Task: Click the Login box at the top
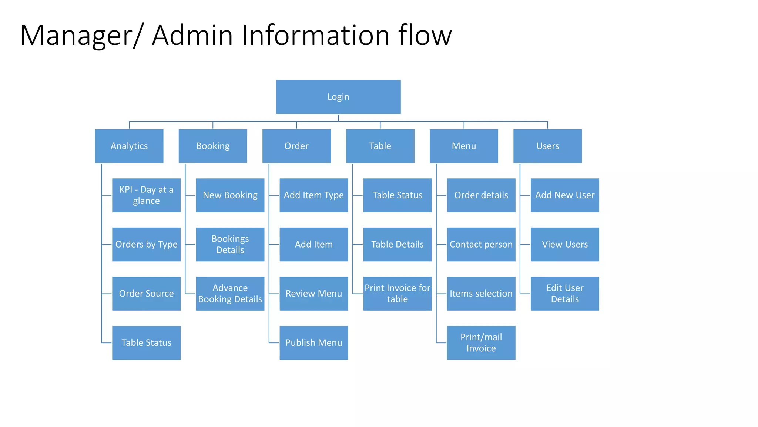(x=338, y=97)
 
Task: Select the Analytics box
(x=129, y=146)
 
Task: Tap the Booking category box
(x=212, y=146)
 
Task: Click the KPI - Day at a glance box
(x=146, y=195)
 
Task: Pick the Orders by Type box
(x=146, y=244)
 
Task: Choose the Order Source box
(x=146, y=294)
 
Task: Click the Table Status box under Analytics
(x=146, y=343)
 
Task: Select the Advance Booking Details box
(x=230, y=294)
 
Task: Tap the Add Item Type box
(x=313, y=195)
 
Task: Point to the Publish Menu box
(x=313, y=343)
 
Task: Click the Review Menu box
(x=313, y=294)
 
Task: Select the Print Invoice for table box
(x=397, y=294)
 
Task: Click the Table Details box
(x=397, y=244)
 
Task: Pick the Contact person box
(x=481, y=244)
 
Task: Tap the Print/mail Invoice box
(x=481, y=343)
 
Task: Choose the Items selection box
(x=481, y=294)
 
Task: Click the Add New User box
(x=564, y=195)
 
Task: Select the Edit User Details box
(x=564, y=294)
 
